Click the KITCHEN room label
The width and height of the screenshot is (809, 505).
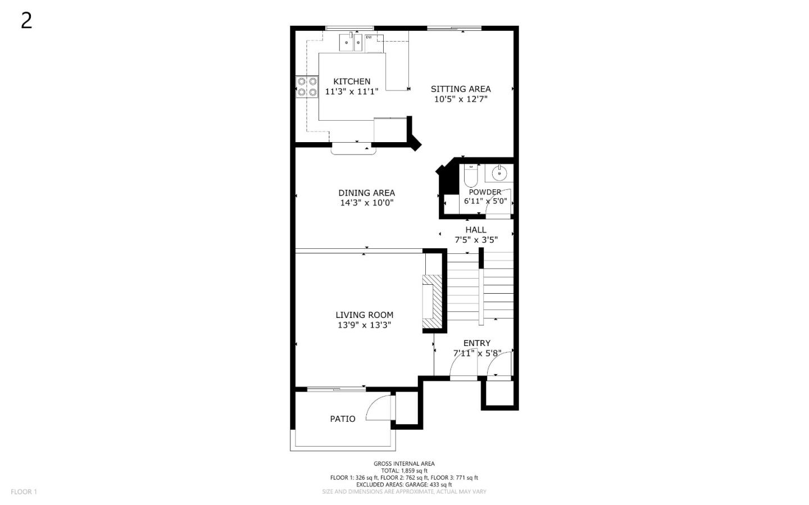pos(352,81)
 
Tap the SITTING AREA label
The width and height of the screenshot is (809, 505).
pos(461,89)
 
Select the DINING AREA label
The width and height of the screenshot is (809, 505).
pos(366,193)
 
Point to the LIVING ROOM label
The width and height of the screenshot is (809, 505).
pos(365,315)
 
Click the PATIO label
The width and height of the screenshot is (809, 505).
pos(343,419)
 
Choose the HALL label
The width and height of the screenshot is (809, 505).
pos(476,230)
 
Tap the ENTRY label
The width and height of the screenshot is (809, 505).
pos(477,343)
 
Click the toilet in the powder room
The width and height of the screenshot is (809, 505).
pos(471,176)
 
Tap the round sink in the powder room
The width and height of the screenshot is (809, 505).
pos(499,174)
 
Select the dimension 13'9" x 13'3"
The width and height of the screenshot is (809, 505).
pos(365,325)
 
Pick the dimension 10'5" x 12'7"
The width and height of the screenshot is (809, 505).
pos(461,99)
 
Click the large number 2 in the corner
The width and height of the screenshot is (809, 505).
pos(26,21)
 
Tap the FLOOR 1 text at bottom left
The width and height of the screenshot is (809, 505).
pos(24,492)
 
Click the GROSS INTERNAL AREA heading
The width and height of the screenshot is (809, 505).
pos(404,464)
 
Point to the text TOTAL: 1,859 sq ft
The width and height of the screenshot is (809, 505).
pos(404,471)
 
